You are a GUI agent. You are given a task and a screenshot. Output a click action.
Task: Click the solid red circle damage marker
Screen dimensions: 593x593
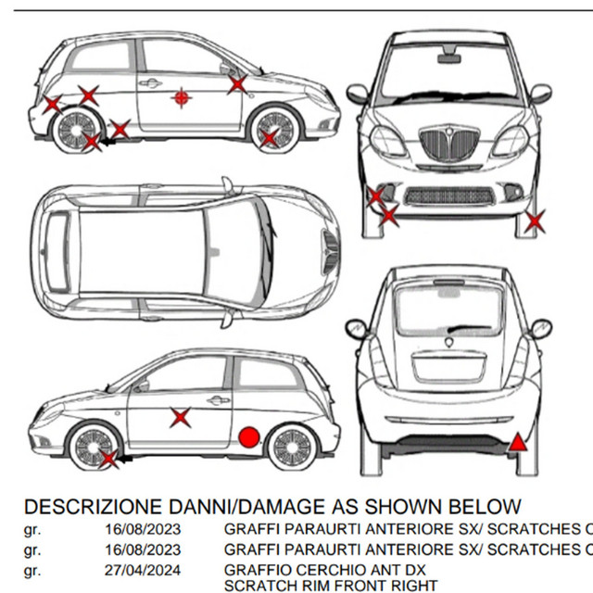pyautogui.click(x=248, y=437)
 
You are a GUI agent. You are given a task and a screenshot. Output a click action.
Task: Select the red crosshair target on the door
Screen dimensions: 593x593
pyautogui.click(x=181, y=96)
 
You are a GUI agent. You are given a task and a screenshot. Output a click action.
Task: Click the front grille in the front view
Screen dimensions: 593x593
pyautogui.click(x=448, y=145)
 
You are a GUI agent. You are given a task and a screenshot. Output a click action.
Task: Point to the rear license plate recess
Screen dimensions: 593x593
pyautogui.click(x=448, y=365)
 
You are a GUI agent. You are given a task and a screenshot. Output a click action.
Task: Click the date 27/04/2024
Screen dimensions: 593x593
pyautogui.click(x=143, y=569)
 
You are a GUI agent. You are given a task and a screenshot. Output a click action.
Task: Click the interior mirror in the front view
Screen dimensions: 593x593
pyautogui.click(x=449, y=59)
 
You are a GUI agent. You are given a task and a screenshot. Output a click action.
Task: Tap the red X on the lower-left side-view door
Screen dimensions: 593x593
pyautogui.click(x=181, y=417)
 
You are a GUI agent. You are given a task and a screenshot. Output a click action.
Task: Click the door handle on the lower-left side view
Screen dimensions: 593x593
pyautogui.click(x=218, y=400)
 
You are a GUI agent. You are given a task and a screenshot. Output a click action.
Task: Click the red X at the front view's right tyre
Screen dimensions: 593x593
pyautogui.click(x=534, y=221)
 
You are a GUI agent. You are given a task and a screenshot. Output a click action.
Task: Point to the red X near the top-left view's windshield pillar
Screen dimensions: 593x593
pyautogui.click(x=237, y=84)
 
